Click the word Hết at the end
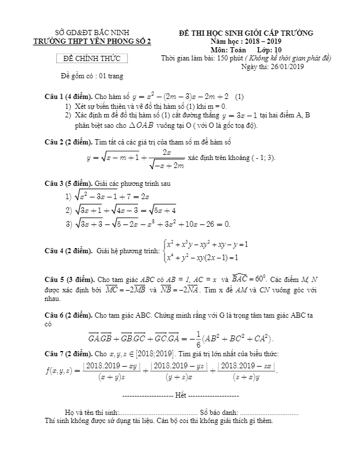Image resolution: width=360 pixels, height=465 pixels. coord(181,397)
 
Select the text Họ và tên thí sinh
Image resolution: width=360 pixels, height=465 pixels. coord(91,413)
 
